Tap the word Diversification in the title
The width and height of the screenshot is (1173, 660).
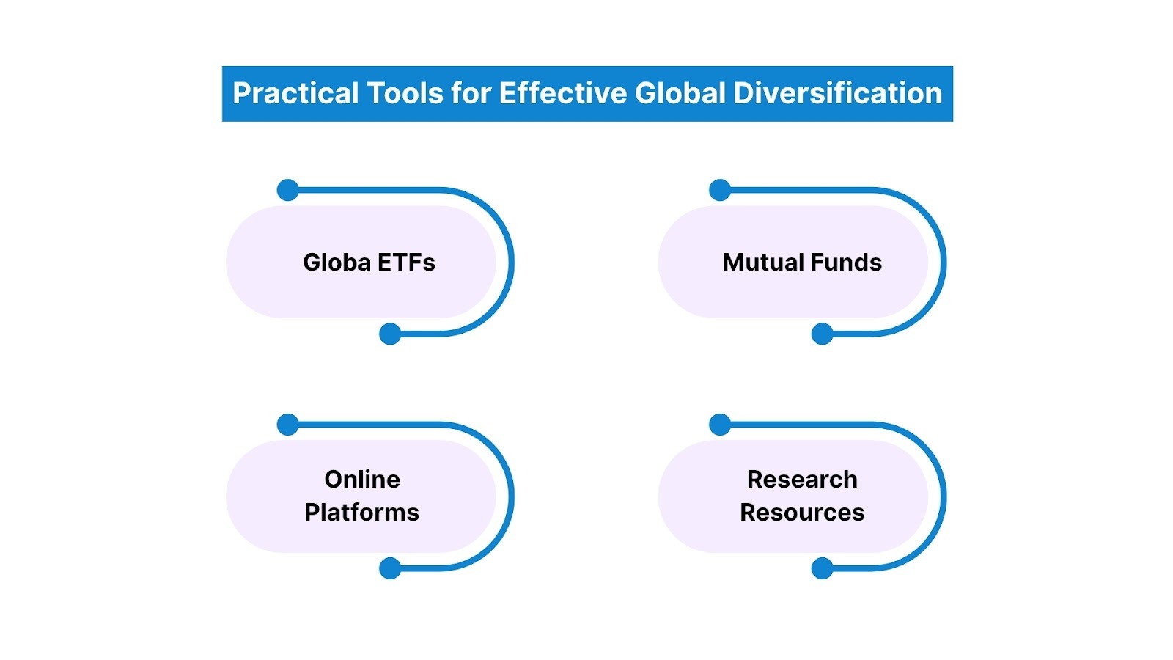click(837, 94)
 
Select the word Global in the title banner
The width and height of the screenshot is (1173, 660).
click(681, 94)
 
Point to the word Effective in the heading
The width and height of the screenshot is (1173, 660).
click(563, 94)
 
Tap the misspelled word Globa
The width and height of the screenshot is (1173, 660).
click(337, 263)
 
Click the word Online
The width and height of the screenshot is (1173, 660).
click(362, 480)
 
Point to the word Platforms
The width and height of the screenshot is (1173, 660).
click(362, 513)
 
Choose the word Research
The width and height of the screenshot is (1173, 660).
click(802, 480)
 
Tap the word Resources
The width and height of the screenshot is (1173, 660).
click(802, 513)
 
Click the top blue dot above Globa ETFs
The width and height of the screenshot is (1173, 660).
click(288, 190)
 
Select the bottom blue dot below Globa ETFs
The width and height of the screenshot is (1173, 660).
click(390, 334)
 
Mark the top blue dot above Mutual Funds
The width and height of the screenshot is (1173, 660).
click(720, 190)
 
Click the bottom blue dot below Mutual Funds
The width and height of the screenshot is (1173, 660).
click(823, 334)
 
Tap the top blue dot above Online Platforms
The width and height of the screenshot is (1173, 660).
click(288, 424)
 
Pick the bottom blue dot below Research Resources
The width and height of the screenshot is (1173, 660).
click(823, 568)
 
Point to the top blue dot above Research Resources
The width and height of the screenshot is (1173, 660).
click(720, 424)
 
